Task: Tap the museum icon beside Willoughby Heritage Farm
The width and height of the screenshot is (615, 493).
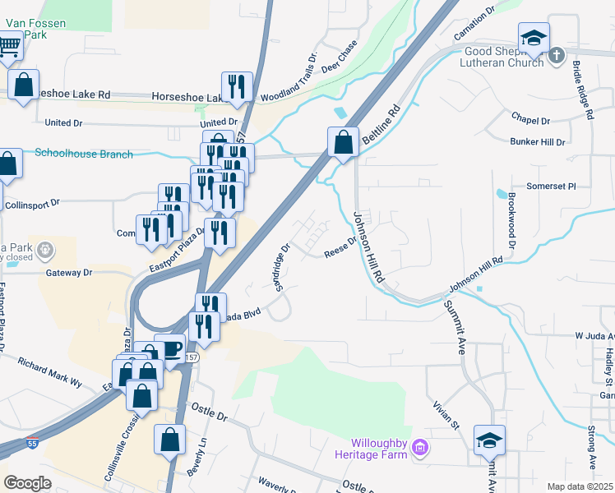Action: click(x=420, y=447)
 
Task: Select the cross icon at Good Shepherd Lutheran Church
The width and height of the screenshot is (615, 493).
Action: click(x=557, y=56)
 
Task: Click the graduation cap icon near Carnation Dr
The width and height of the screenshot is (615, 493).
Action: click(x=534, y=38)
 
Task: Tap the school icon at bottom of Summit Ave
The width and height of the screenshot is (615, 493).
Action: click(x=489, y=441)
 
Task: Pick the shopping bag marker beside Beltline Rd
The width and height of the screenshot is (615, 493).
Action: click(x=343, y=142)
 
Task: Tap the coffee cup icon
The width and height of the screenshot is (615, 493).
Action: click(x=169, y=349)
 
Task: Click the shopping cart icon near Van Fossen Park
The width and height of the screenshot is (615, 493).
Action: click(x=9, y=47)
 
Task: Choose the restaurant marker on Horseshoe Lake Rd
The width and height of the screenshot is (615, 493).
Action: click(x=237, y=86)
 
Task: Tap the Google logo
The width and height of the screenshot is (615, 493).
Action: click(x=28, y=483)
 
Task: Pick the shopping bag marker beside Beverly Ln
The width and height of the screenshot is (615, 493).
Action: click(x=169, y=440)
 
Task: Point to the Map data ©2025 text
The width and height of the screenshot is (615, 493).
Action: click(x=580, y=486)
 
